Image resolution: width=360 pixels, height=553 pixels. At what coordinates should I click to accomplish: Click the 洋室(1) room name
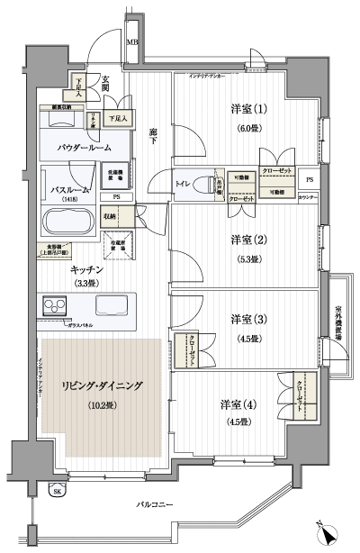tap(249, 111)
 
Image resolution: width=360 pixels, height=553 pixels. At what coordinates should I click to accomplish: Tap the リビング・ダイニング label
tap(102, 385)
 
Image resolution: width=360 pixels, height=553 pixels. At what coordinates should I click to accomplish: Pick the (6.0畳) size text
tap(248, 129)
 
